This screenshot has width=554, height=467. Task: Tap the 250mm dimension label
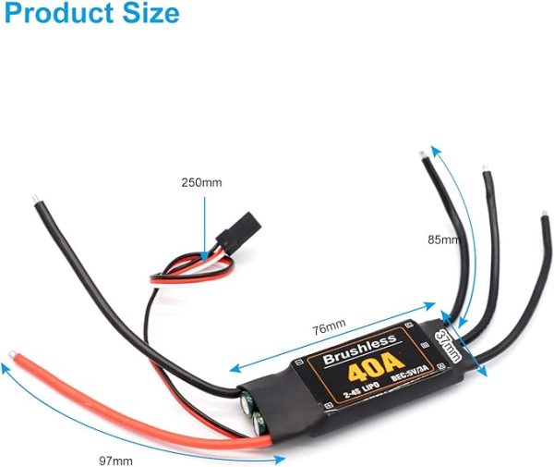pos(201,182)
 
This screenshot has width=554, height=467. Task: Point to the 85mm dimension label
pos(444,240)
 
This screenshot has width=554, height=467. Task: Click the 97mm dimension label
pos(115,460)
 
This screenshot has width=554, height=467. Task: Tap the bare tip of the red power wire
pos(13,354)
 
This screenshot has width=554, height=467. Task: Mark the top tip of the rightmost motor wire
pos(543,222)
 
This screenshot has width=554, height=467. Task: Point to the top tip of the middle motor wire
pos(486,170)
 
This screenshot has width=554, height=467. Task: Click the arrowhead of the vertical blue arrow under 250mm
pos(201,242)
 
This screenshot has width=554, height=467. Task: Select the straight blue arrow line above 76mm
pos(332,338)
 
